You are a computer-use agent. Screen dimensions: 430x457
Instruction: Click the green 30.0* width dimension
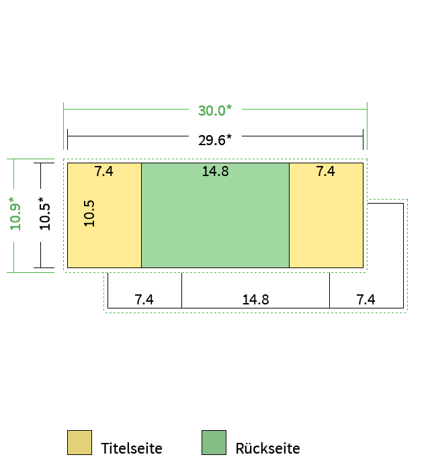(x=215, y=110)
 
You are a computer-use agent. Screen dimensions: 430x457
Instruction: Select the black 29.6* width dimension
(x=215, y=140)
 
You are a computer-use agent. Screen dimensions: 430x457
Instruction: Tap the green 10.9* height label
(x=15, y=214)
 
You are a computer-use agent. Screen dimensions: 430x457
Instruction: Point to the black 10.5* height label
(x=44, y=214)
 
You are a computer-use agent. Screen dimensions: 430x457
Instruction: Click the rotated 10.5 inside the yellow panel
(x=89, y=213)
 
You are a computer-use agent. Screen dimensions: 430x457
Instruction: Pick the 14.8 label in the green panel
(x=215, y=171)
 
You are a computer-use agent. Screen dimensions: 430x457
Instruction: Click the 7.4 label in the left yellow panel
(x=103, y=171)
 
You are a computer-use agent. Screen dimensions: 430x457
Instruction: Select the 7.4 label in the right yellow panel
(x=325, y=171)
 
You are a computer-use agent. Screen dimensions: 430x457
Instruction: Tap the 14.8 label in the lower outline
(x=255, y=300)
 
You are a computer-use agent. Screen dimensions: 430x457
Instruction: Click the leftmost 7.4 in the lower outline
(x=144, y=300)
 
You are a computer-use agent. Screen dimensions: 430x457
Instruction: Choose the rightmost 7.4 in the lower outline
(x=365, y=300)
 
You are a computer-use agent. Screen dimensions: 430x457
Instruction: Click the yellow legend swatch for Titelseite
(x=79, y=442)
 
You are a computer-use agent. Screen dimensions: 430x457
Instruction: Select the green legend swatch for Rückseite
(x=214, y=442)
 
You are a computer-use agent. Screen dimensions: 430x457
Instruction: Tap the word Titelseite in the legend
(x=132, y=448)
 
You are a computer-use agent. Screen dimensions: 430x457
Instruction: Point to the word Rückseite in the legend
(x=267, y=448)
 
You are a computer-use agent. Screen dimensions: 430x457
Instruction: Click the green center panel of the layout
(x=215, y=215)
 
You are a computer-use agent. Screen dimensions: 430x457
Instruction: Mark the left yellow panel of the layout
(x=104, y=215)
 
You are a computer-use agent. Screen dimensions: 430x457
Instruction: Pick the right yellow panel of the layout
(x=327, y=215)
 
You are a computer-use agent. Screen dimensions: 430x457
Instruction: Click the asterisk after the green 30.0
(x=229, y=108)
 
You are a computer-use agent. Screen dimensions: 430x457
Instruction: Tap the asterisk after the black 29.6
(x=229, y=136)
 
